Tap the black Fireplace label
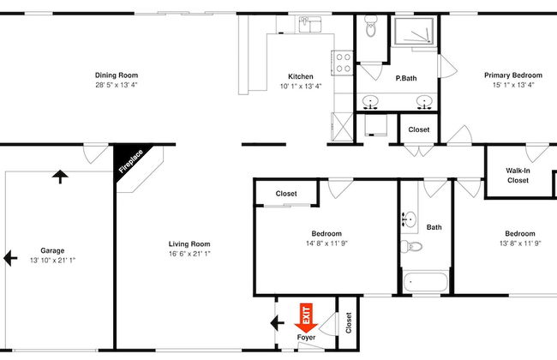coord(130,162)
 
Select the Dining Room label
coord(117,75)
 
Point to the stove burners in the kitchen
coord(343,63)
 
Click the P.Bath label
coord(405,78)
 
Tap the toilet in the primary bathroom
coord(371,28)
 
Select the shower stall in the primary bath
coord(414,33)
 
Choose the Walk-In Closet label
coord(518,175)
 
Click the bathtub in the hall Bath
coord(426,280)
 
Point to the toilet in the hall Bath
coord(414,247)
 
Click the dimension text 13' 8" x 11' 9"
coord(519,243)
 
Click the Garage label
coord(52,250)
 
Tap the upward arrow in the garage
coord(59,177)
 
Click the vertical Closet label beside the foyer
coord(348,322)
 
